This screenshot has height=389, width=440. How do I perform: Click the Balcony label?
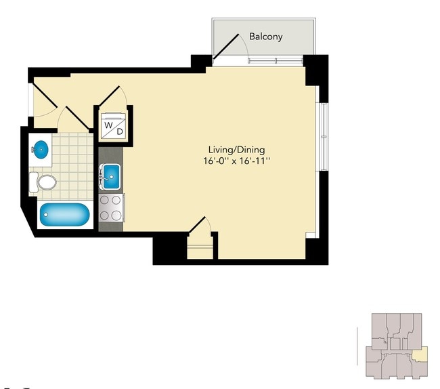point(266,37)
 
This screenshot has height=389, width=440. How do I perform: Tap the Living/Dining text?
point(236,150)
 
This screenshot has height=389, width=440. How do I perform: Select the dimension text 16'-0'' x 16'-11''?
point(236,161)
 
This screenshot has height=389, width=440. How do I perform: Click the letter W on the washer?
point(108,125)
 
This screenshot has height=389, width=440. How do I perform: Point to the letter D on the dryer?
point(120,131)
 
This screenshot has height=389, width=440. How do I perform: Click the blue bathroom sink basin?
point(41,149)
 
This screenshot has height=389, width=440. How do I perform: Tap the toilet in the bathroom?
point(43,182)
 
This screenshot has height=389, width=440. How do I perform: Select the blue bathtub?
point(64,215)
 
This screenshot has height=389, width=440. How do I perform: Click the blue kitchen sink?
point(112,177)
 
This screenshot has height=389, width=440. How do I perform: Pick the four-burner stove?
point(112,208)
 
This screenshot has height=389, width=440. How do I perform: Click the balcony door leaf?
point(226,47)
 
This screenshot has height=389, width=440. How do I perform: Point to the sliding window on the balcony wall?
point(276,60)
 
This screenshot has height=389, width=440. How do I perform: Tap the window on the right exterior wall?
point(323,137)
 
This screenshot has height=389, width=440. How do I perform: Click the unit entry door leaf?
point(45,95)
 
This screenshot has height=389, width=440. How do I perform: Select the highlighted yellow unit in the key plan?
point(420,354)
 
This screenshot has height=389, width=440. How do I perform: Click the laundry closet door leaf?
point(109,96)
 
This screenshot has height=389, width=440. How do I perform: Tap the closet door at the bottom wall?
point(197,225)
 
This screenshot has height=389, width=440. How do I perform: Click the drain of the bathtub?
point(46,215)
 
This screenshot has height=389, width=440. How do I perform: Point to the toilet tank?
point(33,182)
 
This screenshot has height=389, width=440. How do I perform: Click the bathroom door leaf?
point(78,118)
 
